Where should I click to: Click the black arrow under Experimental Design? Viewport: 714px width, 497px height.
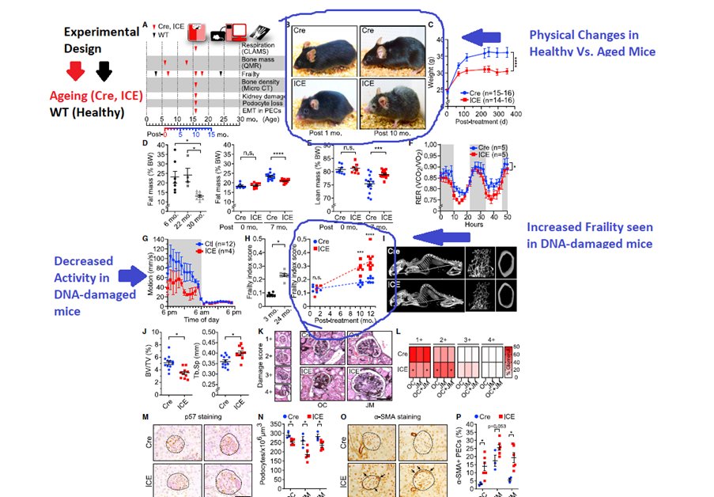[x=104, y=72]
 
